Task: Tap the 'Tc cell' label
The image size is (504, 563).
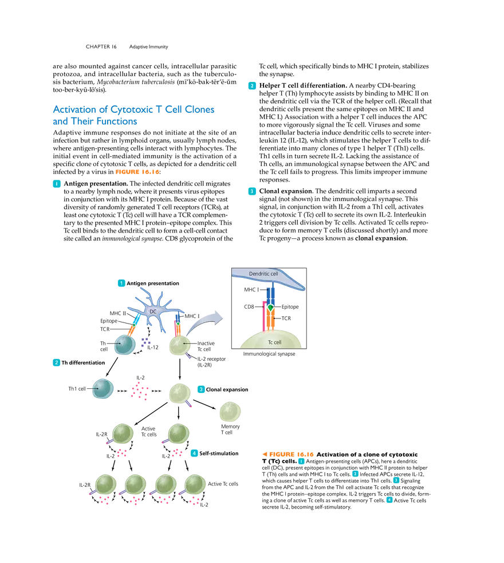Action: click(274, 342)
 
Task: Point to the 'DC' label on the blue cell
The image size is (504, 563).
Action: click(152, 311)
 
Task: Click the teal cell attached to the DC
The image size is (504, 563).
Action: click(124, 345)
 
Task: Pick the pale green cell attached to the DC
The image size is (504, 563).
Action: click(178, 345)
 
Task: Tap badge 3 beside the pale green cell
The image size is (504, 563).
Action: click(200, 389)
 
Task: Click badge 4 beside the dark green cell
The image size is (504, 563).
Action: click(194, 453)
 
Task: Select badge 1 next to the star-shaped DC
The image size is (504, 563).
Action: click(121, 282)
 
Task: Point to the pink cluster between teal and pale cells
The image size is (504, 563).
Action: click(139, 391)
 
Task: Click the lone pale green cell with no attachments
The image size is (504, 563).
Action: click(229, 411)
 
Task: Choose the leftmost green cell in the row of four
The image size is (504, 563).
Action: click(105, 485)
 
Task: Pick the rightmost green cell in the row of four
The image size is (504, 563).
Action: click(195, 485)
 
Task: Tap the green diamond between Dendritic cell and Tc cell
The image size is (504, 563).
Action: click(270, 308)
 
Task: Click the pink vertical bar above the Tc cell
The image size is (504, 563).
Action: click(263, 318)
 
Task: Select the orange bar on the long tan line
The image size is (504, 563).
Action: click(137, 171)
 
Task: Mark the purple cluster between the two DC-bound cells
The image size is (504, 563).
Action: click(146, 341)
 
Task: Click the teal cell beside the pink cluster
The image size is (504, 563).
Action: click(103, 389)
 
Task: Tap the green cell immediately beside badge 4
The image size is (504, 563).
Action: click(178, 434)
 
